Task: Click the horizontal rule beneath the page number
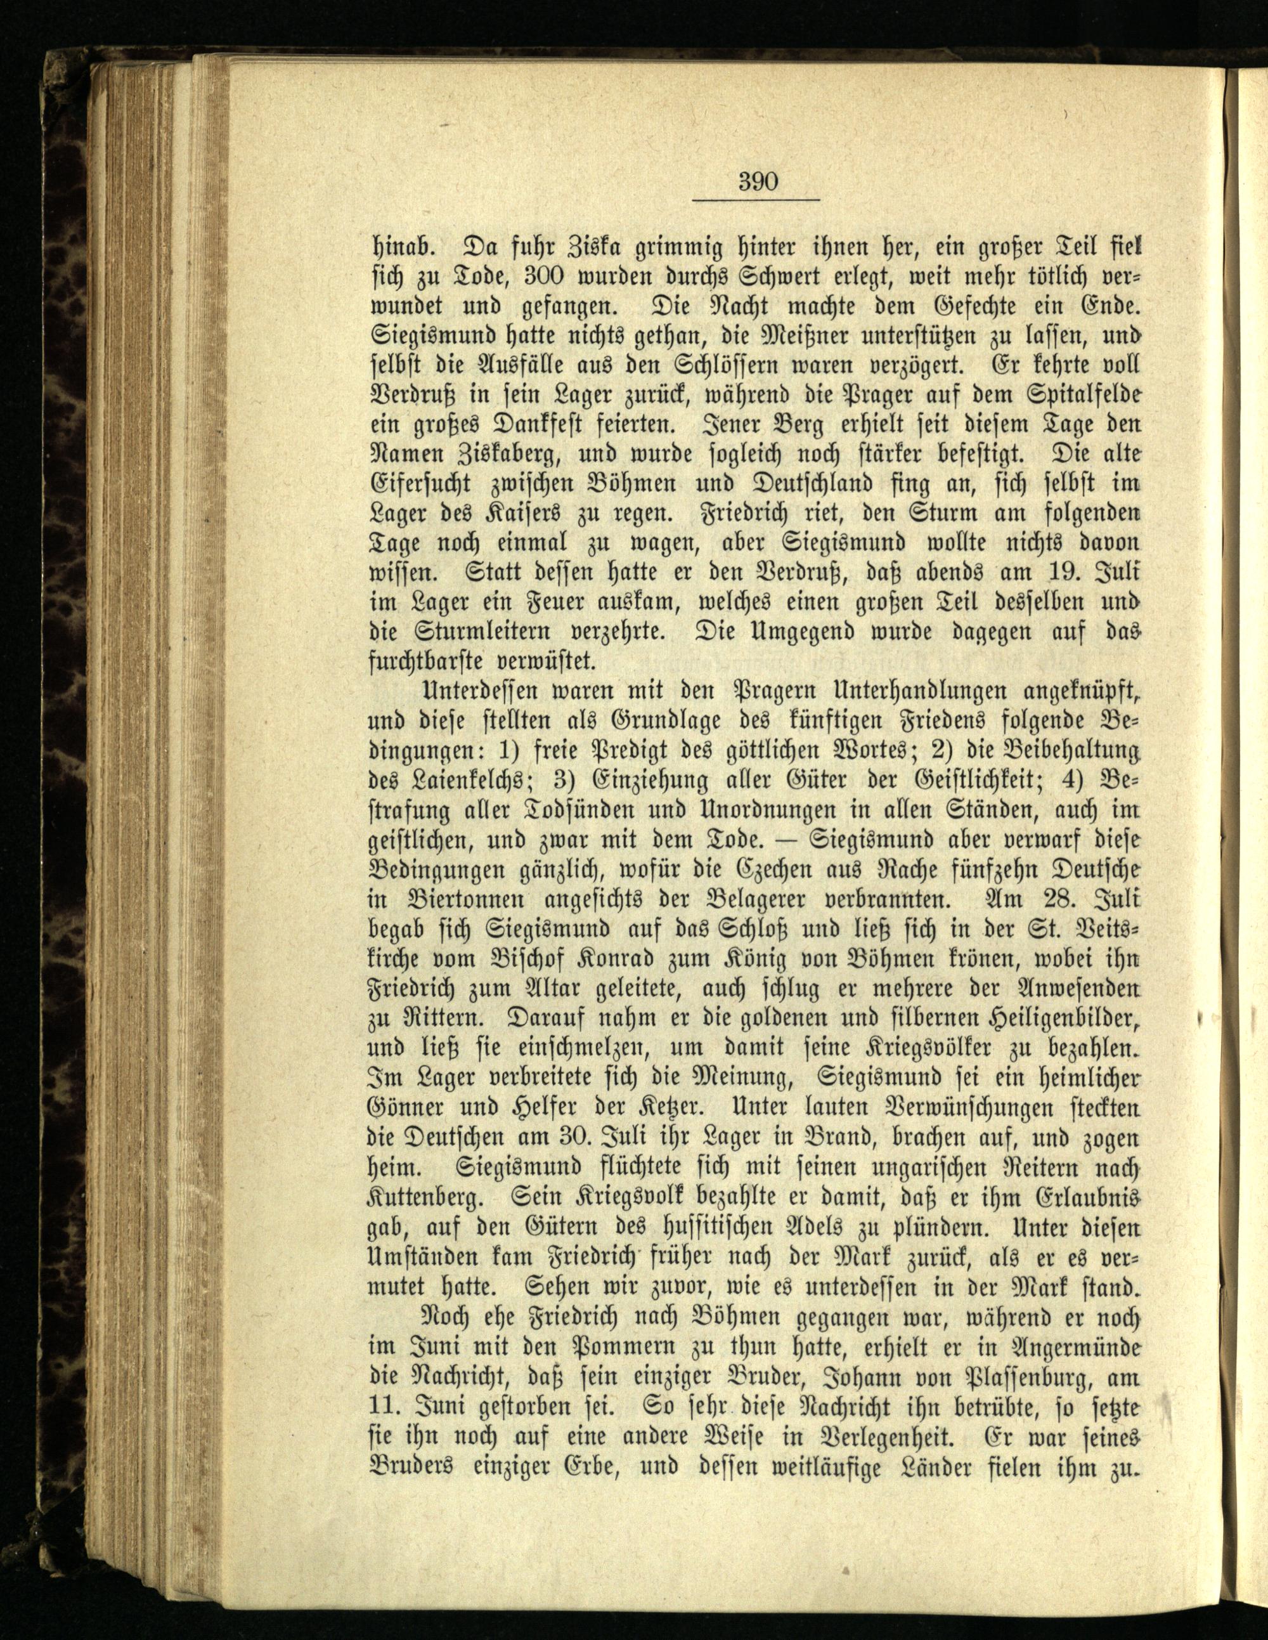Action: click(x=755, y=200)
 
